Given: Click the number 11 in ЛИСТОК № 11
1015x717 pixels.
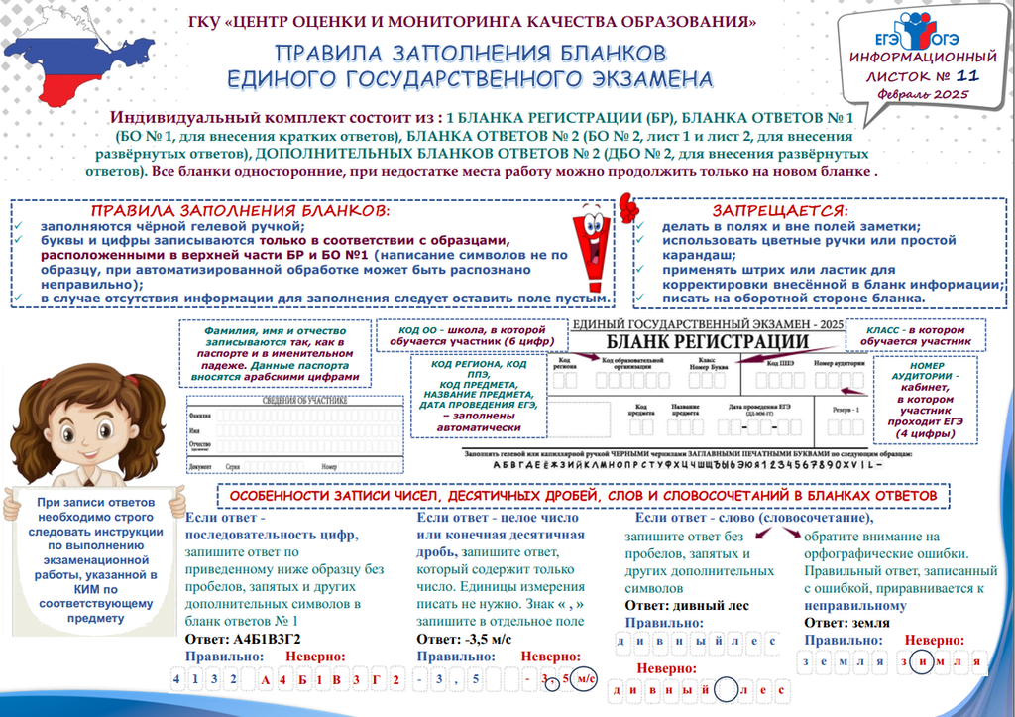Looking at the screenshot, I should (968, 75).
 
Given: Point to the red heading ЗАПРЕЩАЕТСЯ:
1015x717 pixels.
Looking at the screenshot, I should (780, 211).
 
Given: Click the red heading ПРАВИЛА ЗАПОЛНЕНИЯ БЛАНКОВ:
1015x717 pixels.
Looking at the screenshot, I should (241, 211).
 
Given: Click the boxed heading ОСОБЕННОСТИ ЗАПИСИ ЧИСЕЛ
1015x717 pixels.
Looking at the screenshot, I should (583, 494).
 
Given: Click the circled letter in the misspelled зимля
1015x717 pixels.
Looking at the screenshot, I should (921, 661).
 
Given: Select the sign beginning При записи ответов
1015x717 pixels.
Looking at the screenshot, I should (94, 560).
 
